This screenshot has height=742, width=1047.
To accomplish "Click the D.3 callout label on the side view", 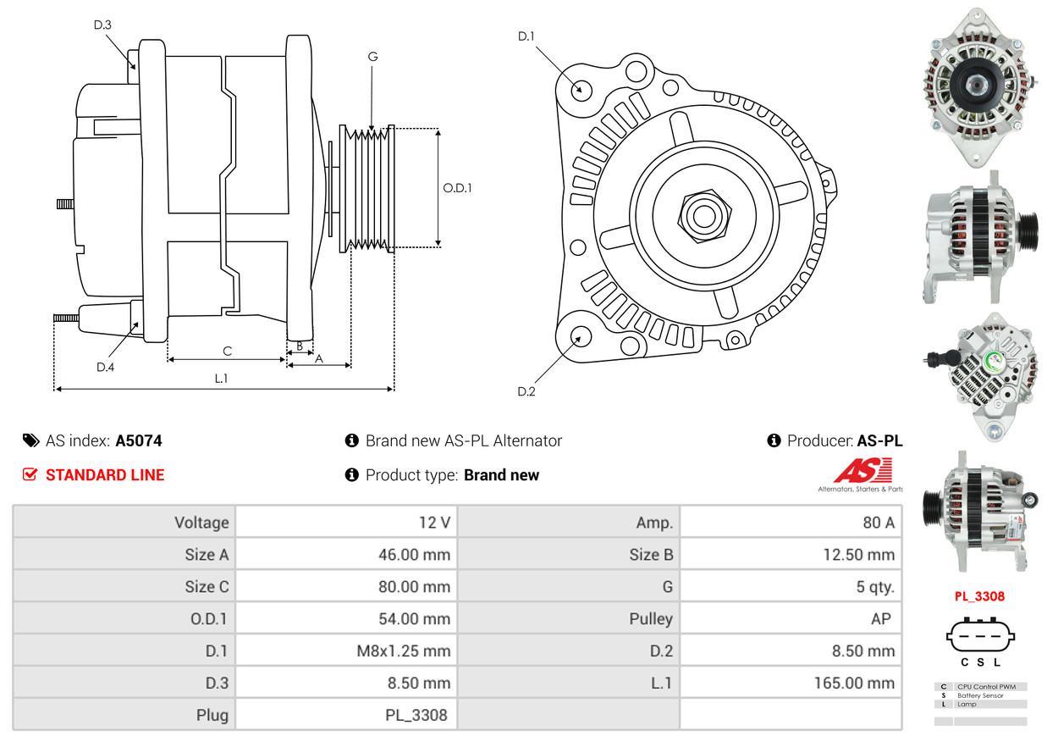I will pos(102,25).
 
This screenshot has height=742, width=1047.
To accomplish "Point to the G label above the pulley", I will pos(372,57).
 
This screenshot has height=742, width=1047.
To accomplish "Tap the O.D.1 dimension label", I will pos(457,188).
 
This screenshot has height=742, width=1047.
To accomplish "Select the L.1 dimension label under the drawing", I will pos(221,379).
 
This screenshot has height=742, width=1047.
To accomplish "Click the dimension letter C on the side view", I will pos(227,351).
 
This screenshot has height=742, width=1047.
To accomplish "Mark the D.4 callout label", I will pos(105,367).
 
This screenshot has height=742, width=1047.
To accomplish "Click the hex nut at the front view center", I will pos(703,214).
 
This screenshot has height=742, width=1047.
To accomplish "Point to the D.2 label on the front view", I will pos(526,391).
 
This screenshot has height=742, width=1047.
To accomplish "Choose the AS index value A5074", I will pos(139,440).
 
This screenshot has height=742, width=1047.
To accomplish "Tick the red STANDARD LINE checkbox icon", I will pos(30,474).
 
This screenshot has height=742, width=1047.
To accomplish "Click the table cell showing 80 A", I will pos(878,523).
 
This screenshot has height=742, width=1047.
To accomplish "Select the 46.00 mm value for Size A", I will pos(414,555).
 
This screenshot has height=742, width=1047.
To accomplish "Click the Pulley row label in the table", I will pos(651,619).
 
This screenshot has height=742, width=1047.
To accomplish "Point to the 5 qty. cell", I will pos(875,587).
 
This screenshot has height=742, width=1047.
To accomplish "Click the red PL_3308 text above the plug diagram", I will pos(979,596).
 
